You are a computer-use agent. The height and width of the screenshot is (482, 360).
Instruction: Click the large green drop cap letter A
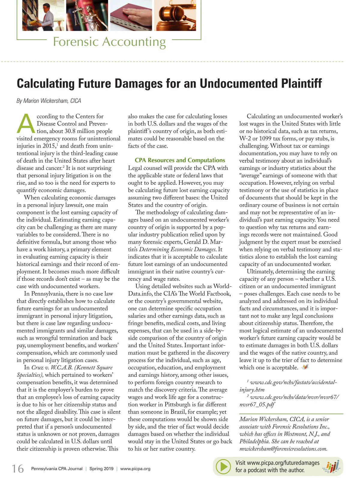26,124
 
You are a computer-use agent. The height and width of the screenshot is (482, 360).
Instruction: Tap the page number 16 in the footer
18,468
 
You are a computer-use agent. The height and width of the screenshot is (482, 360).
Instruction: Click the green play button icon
223,467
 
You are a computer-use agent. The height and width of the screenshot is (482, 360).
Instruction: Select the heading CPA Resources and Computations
180,160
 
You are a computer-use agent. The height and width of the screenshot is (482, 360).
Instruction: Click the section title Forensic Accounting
109,42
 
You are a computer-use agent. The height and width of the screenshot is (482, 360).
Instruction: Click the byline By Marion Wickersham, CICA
49,101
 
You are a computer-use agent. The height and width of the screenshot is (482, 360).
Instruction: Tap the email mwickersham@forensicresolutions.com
283,449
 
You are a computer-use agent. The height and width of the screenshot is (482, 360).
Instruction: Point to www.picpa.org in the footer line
135,469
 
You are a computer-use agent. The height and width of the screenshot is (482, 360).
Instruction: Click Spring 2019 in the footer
101,469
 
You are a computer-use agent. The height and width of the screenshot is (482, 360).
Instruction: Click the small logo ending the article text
305,367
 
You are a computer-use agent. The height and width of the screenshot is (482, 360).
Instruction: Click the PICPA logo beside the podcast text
332,467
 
